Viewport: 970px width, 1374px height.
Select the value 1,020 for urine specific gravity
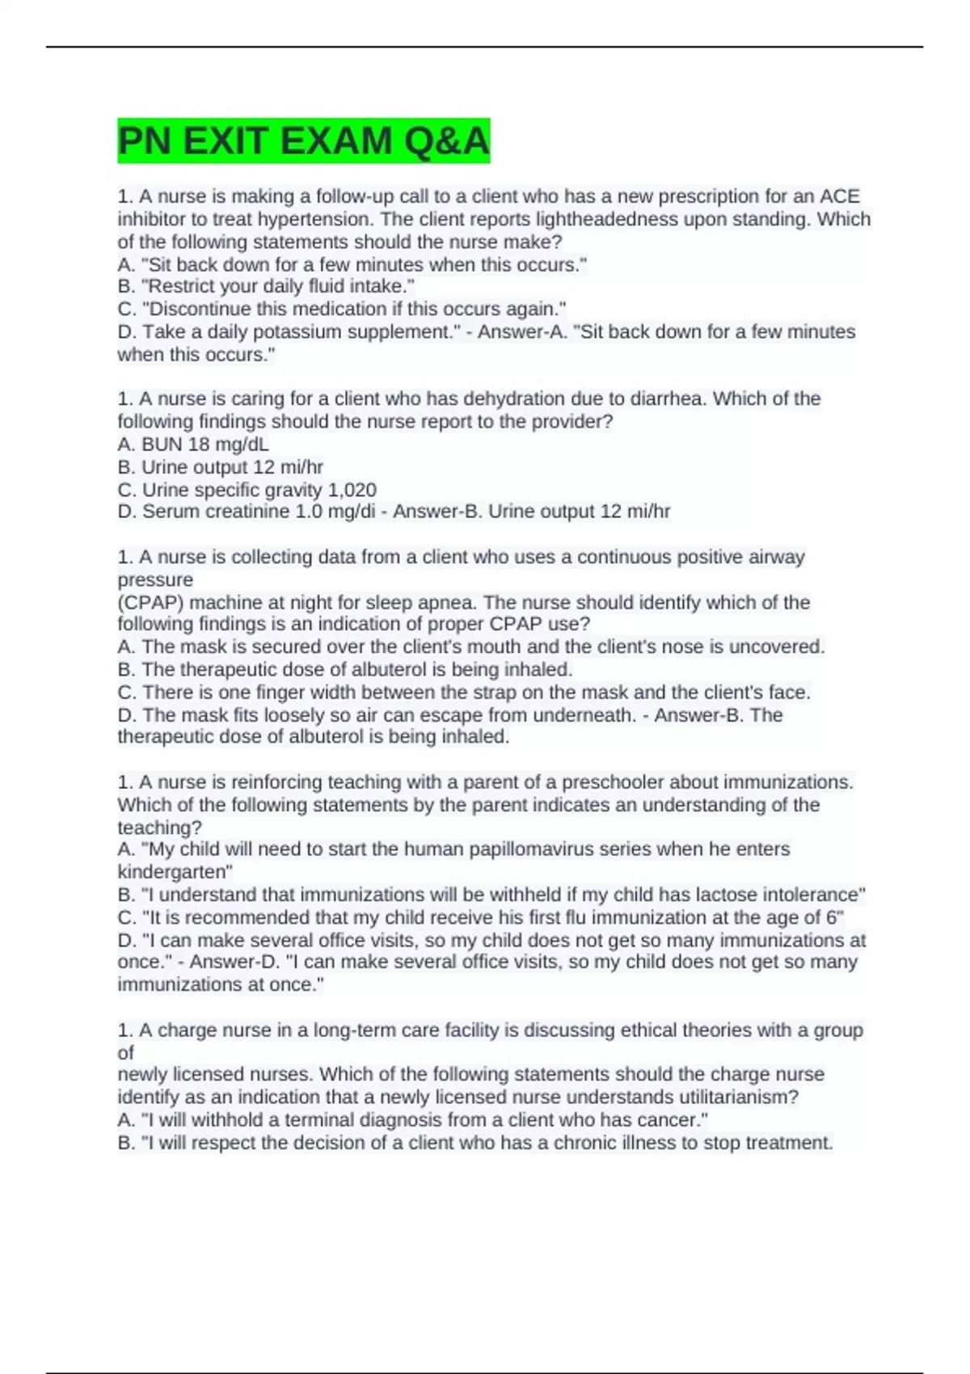click(352, 490)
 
